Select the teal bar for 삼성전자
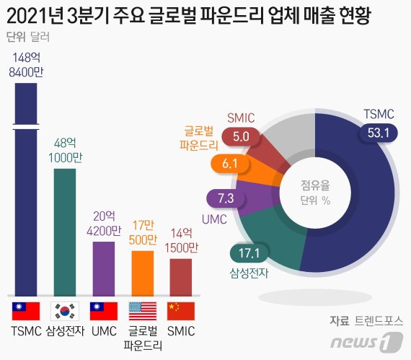tap(65, 231)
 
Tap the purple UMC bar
tap(104, 268)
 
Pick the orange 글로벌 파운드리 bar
tap(142, 273)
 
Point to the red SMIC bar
tap(181, 276)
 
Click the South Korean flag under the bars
tap(65, 311)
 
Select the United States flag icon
tap(142, 311)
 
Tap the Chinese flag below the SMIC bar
tap(181, 311)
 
